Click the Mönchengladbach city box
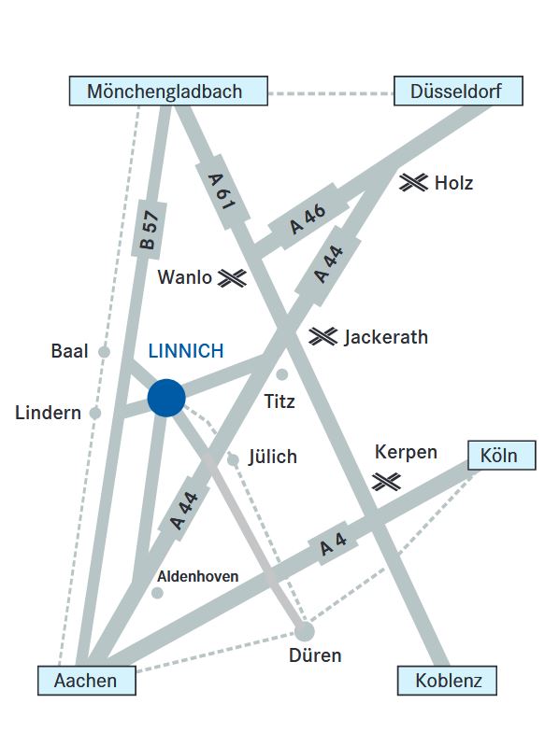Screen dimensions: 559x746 tap(168, 91)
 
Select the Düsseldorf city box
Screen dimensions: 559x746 tap(459, 91)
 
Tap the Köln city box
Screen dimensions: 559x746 tap(502, 456)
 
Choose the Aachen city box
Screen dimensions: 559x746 tap(87, 681)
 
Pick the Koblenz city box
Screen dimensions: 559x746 tap(447, 681)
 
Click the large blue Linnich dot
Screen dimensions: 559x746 tap(166, 398)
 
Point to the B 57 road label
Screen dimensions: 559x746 tap(149, 231)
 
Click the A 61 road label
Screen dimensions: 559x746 tap(222, 191)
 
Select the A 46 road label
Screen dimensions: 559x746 tap(308, 219)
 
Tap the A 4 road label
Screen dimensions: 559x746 tap(334, 543)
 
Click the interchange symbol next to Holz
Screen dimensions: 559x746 tap(413, 182)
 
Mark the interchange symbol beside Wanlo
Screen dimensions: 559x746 tap(233, 278)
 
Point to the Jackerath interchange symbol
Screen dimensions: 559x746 tap(322, 336)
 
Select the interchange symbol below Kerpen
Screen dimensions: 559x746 tap(386, 482)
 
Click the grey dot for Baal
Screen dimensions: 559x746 tap(105, 352)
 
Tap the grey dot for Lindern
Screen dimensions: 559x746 tap(95, 413)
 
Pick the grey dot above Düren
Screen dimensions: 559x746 tap(305, 631)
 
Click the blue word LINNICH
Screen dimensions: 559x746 tap(186, 351)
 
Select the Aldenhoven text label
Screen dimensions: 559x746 tap(197, 577)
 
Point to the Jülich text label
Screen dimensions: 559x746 tap(273, 457)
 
